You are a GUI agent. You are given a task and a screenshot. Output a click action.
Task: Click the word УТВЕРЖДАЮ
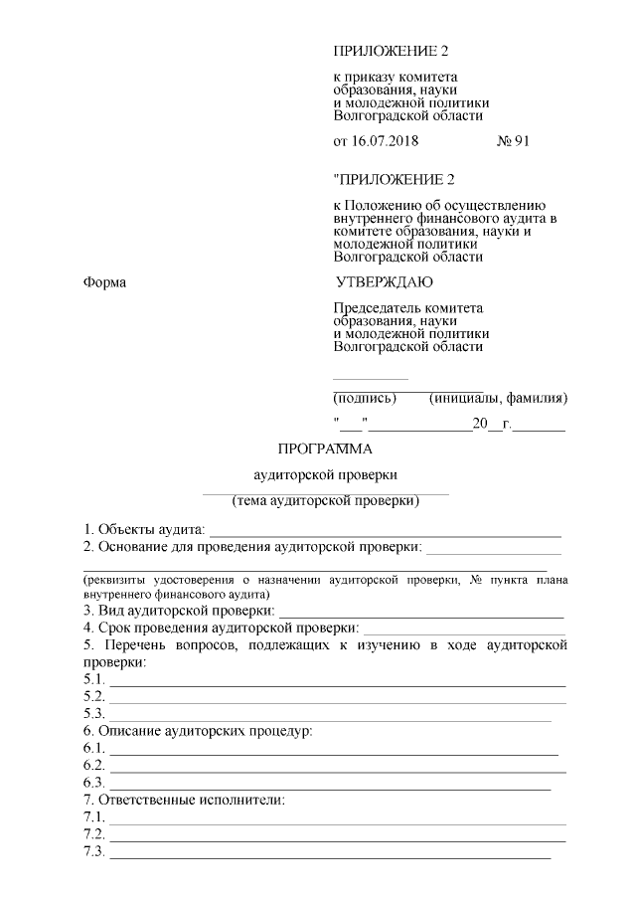[x=384, y=282]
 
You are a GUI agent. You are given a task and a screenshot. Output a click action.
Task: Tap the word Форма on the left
[x=105, y=283]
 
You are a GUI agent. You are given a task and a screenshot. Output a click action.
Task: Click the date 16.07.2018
[x=386, y=141]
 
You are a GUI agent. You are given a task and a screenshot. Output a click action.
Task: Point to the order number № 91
[x=513, y=141]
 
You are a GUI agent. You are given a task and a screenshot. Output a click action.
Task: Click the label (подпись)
[x=365, y=400]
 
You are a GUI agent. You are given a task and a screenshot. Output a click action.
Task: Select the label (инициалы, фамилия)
[x=498, y=400]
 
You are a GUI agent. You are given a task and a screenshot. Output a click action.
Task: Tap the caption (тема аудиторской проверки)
[x=325, y=500]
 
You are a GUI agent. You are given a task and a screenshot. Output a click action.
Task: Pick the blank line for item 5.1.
[x=338, y=685]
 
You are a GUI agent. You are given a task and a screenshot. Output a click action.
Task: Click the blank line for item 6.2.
[x=338, y=770]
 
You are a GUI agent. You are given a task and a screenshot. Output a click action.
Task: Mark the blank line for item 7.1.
[x=338, y=822]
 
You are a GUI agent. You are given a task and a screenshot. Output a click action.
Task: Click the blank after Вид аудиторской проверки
[x=422, y=617]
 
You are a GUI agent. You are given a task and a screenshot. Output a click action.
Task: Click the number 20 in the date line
[x=480, y=426]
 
